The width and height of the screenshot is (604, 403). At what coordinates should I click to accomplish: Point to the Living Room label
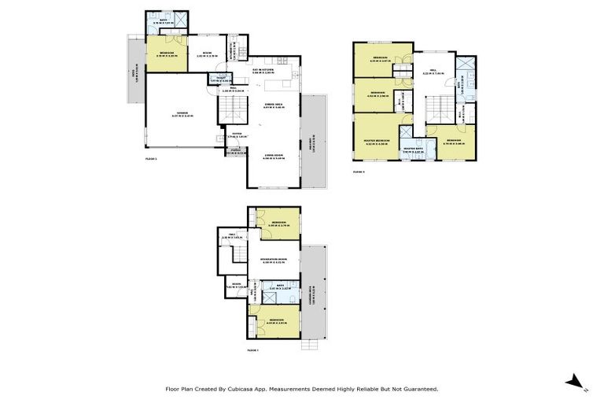coord(273,157)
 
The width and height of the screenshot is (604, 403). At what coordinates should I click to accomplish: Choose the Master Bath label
coord(413,148)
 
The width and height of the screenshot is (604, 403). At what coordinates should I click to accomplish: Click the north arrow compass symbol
coord(575,383)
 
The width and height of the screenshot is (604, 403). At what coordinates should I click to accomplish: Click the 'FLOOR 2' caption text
coord(151,159)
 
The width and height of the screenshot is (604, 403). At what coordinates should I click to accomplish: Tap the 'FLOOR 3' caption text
coord(359,170)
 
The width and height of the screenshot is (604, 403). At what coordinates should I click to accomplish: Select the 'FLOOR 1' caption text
coord(253,349)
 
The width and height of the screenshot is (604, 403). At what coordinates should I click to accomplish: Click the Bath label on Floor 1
coord(272,288)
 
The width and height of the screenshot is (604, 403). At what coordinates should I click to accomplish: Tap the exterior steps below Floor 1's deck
coord(313,343)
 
